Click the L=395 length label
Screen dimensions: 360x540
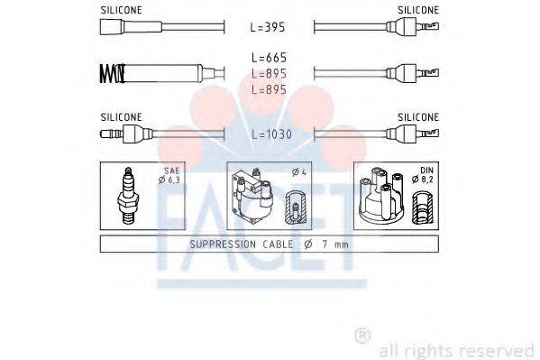point(269,27)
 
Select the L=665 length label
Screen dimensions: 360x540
point(269,58)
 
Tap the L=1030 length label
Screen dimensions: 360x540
point(271,134)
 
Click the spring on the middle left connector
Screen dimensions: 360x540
point(109,71)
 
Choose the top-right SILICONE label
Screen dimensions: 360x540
point(418,9)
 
